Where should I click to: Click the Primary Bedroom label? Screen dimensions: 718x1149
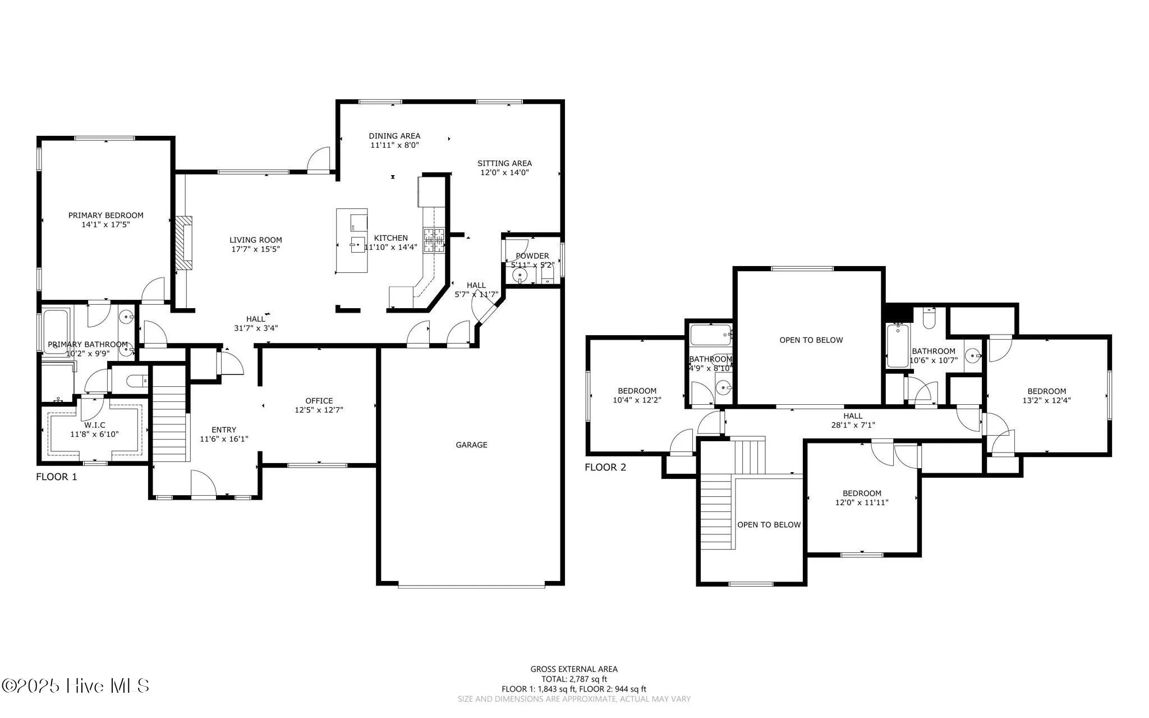pyautogui.click(x=105, y=215)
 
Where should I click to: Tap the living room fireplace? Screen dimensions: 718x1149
pyautogui.click(x=183, y=245)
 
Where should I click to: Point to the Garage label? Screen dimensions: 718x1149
pyautogui.click(x=471, y=445)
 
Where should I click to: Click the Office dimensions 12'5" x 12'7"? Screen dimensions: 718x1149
pyautogui.click(x=319, y=410)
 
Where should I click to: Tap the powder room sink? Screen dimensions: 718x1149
pyautogui.click(x=520, y=275)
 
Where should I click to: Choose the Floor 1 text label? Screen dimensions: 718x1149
pyautogui.click(x=56, y=477)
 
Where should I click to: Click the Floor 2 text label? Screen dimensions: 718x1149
pyautogui.click(x=605, y=467)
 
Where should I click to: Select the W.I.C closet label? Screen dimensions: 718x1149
pyautogui.click(x=95, y=425)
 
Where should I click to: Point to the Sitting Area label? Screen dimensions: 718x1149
pyautogui.click(x=504, y=163)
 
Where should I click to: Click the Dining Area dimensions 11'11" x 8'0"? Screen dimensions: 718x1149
pyautogui.click(x=394, y=145)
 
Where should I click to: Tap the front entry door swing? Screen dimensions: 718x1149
pyautogui.click(x=203, y=483)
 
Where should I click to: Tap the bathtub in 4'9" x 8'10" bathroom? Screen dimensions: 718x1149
pyautogui.click(x=710, y=335)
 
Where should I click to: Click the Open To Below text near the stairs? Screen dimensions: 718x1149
pyautogui.click(x=769, y=525)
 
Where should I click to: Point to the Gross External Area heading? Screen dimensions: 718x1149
pyautogui.click(x=574, y=669)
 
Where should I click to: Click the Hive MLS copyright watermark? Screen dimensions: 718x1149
pyautogui.click(x=76, y=685)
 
